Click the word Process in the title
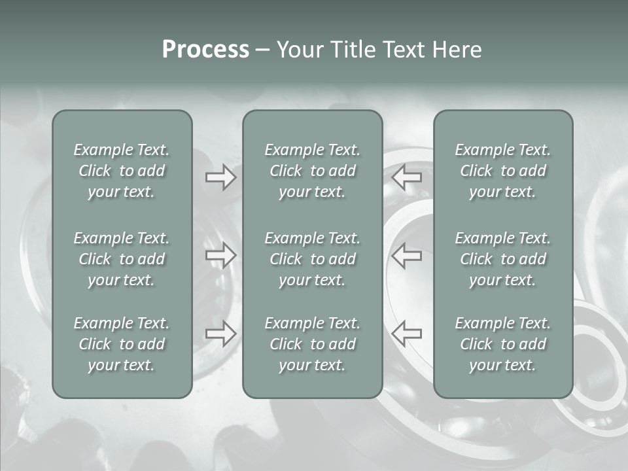pyautogui.click(x=205, y=50)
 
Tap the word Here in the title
pyautogui.click(x=457, y=50)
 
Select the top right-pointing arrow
pyautogui.click(x=220, y=177)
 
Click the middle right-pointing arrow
pyautogui.click(x=220, y=255)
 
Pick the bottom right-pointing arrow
pyautogui.click(x=220, y=333)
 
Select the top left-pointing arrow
pyautogui.click(x=406, y=177)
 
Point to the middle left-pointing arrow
pyautogui.click(x=406, y=255)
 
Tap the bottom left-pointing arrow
pyautogui.click(x=406, y=333)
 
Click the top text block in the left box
pyautogui.click(x=122, y=171)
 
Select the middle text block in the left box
pyautogui.click(x=122, y=259)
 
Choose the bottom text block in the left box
pyautogui.click(x=122, y=344)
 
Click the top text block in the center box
pyautogui.click(x=312, y=171)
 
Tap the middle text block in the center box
pyautogui.click(x=312, y=259)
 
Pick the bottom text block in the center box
pyautogui.click(x=312, y=344)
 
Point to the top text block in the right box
pyautogui.click(x=502, y=171)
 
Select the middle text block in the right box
pyautogui.click(x=502, y=259)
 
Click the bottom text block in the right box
pyautogui.click(x=502, y=344)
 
